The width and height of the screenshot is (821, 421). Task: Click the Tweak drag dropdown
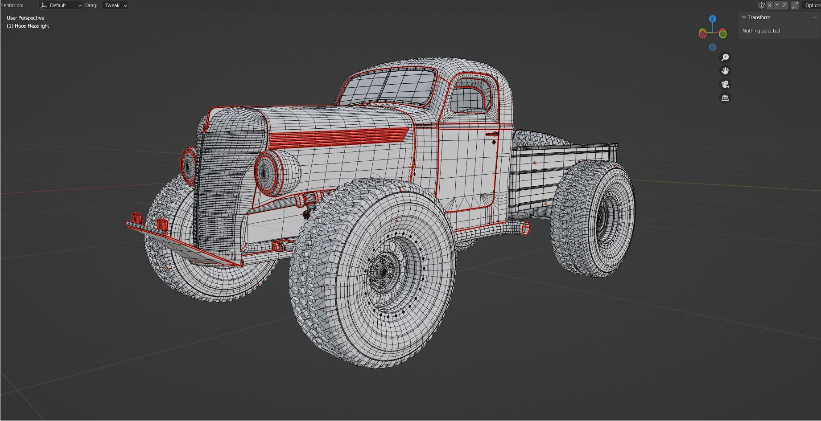[115, 5]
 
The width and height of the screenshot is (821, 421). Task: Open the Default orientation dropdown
[61, 5]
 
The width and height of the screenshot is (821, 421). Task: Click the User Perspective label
[25, 18]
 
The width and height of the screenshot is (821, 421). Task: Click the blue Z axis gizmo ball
[712, 19]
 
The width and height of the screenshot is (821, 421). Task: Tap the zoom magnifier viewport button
[725, 57]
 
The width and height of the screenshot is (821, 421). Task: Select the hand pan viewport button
[725, 71]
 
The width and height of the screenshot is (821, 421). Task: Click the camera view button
[725, 84]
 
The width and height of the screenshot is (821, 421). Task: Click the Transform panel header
[759, 17]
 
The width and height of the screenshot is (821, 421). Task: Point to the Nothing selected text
[761, 31]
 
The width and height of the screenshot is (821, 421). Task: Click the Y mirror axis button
[777, 5]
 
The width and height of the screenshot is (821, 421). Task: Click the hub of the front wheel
[383, 271]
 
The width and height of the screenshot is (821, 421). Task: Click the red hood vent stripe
[339, 136]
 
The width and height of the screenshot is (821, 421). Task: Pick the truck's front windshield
[388, 87]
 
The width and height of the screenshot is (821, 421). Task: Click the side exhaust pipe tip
[525, 229]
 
